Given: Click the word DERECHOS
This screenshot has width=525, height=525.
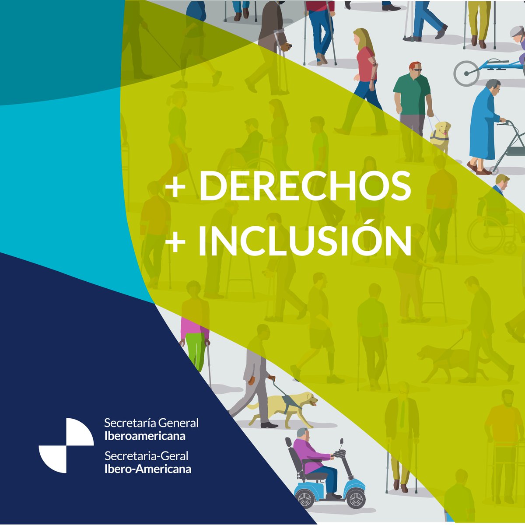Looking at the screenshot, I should click(305, 185).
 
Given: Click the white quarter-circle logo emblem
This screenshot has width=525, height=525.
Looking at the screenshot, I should click(66, 445).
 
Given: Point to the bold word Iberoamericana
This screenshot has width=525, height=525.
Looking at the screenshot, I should click(145, 436).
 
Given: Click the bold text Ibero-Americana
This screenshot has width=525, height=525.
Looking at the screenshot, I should click(148, 469).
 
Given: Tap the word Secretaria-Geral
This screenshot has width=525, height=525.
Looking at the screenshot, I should click(146, 456).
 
